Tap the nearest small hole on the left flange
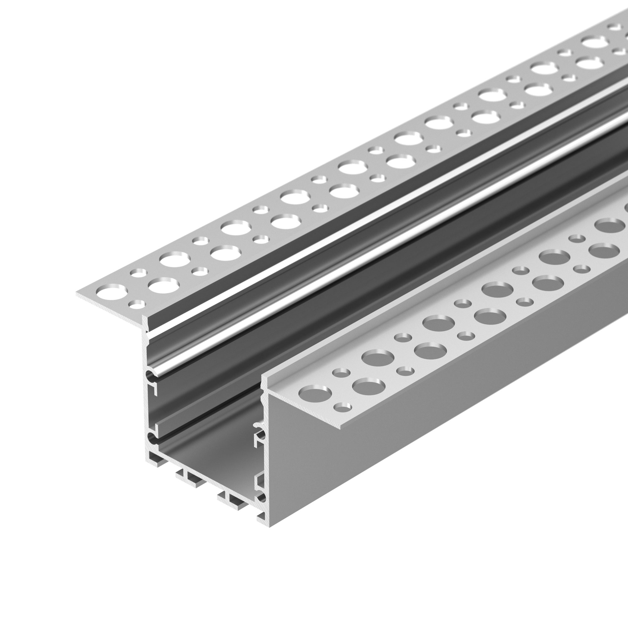pyautogui.click(x=137, y=304)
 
